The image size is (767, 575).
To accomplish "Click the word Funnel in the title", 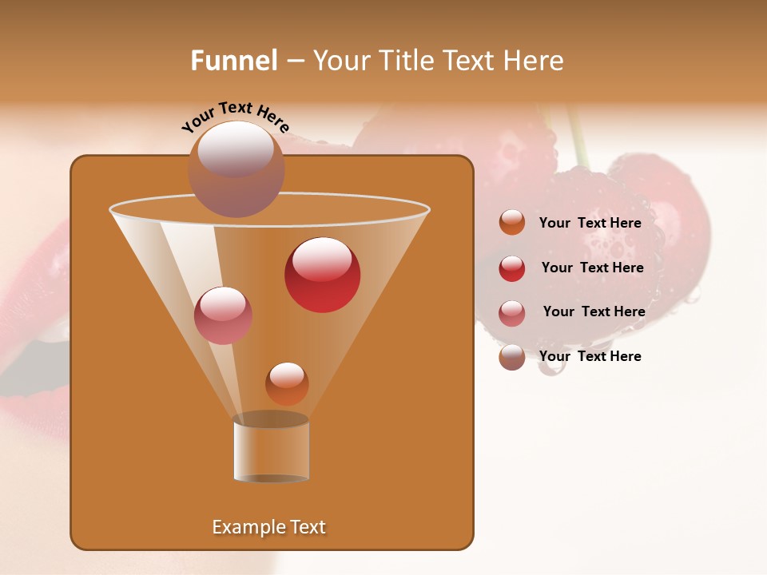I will tap(233, 61).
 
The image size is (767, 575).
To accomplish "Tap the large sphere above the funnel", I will tap(236, 169).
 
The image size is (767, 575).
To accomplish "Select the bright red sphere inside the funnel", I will tap(322, 275).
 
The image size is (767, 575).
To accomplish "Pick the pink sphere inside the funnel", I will tap(223, 315).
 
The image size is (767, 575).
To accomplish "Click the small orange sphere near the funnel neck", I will tap(287, 383).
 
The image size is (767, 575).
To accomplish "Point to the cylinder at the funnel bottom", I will tap(272, 449).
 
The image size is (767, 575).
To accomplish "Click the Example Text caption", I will tap(268, 527).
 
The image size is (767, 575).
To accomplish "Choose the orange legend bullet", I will tap(512, 223).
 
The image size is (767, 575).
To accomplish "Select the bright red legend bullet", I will tap(512, 268).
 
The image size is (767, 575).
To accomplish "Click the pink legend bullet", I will tap(512, 313).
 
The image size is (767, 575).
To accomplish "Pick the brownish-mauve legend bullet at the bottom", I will tap(512, 357).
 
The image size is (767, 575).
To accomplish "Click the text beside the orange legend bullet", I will tap(590, 223).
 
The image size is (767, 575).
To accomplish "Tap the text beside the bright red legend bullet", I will tap(592, 268).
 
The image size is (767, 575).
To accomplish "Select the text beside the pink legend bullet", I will tap(594, 311).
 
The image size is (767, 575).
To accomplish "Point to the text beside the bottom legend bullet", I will tap(590, 356).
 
